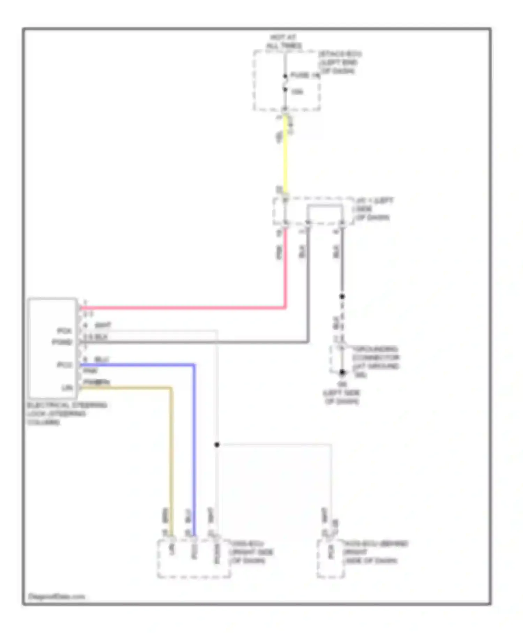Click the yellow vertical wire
[x=286, y=157]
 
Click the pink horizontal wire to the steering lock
[x=181, y=308]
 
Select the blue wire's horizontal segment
[x=139, y=365]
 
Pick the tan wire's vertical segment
[x=171, y=454]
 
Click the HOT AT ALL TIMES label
[x=284, y=42]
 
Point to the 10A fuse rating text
[x=297, y=92]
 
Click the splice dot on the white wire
[x=217, y=445]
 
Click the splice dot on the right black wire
[x=342, y=296]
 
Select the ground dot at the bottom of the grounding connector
[x=342, y=372]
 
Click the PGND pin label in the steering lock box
[x=62, y=342]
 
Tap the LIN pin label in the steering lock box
[x=67, y=388]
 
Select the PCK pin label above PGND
[x=64, y=330]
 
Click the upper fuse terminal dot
[x=285, y=76]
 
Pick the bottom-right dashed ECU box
[x=331, y=558]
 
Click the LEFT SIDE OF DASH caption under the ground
[x=342, y=397]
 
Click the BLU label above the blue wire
[x=102, y=359]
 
